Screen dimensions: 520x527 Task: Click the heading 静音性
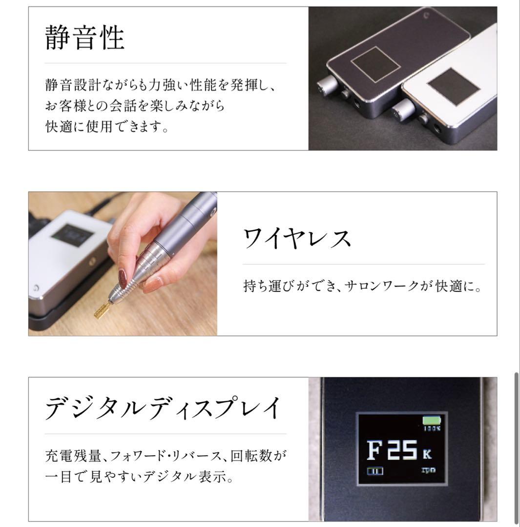pos(85,37)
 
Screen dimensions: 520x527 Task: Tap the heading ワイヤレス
pos(297,238)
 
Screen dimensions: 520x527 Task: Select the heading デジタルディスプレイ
pos(163,407)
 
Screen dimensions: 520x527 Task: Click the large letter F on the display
pos(374,450)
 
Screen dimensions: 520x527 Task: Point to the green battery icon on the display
pos(432,421)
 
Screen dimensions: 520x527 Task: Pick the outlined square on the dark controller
pos(375,64)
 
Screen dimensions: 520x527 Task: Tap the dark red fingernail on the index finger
pos(123,278)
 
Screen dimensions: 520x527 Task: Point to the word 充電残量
pos(73,456)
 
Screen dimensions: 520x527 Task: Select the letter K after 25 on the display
pos(427,454)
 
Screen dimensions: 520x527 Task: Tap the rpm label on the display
pos(429,470)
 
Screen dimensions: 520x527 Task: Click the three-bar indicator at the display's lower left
pos(374,471)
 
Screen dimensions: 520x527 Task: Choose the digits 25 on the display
pos(402,450)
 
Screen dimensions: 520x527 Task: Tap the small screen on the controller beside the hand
pos(72,235)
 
